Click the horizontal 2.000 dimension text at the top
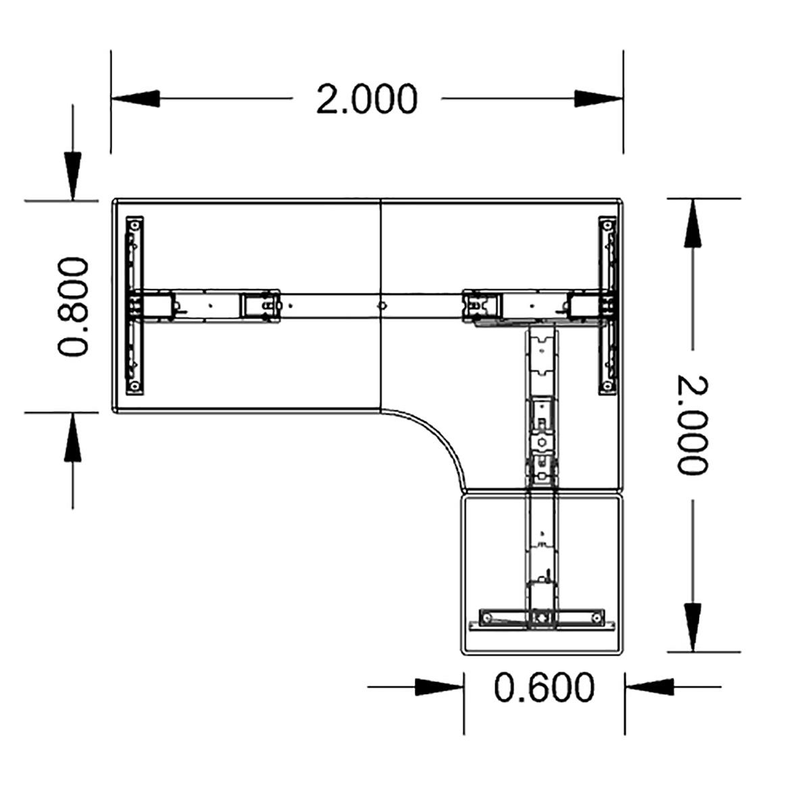coord(367,99)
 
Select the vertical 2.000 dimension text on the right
coord(691,425)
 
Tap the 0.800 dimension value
coord(73,306)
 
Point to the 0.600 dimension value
coord(544,687)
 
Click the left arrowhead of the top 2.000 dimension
coord(135,99)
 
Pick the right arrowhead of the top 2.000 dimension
coord(599,99)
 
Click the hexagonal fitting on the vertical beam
coord(541,443)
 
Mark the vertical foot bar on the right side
coord(608,304)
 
